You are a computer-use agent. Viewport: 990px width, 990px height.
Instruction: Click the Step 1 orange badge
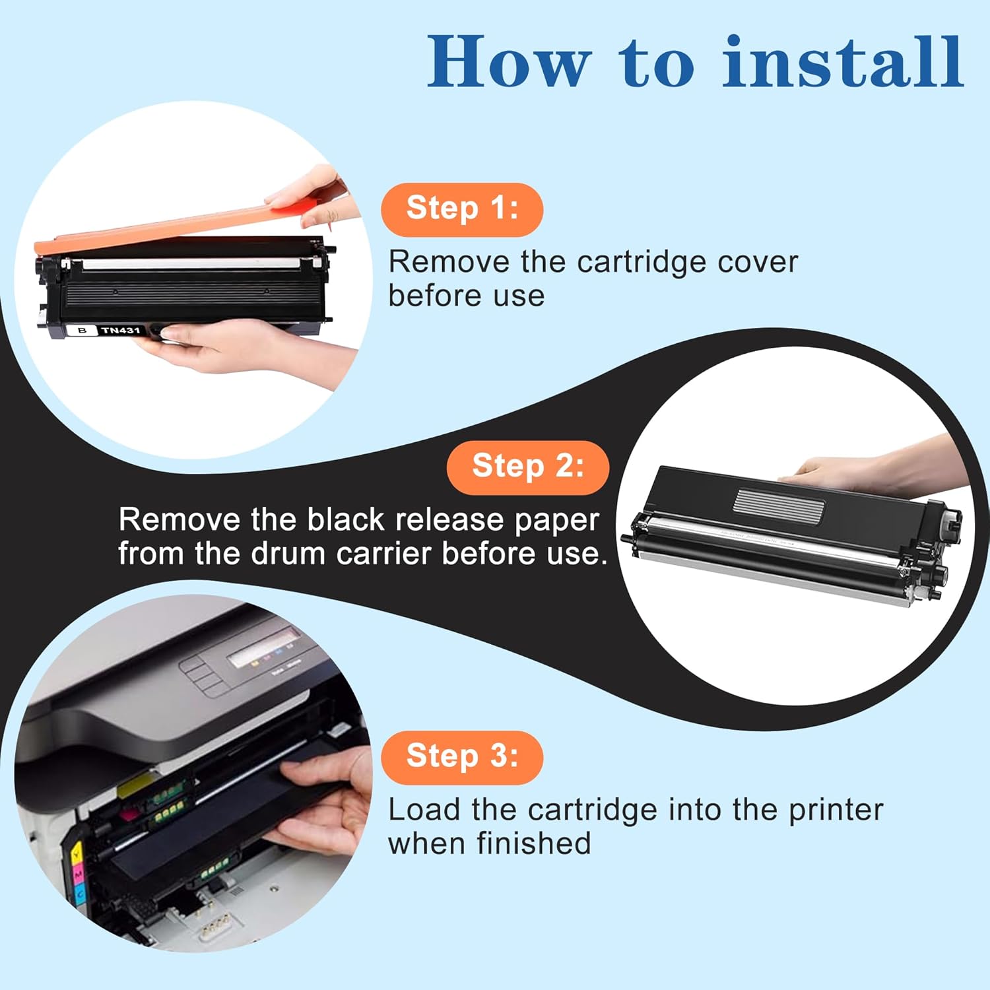(461, 209)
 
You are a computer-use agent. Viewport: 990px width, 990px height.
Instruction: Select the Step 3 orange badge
(461, 757)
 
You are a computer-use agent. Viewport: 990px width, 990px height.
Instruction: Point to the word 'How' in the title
(508, 62)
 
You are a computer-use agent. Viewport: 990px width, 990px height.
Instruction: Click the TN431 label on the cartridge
(121, 330)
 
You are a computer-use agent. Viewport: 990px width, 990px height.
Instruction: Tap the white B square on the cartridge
(82, 330)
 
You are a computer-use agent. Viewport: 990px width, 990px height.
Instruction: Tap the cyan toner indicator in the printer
(80, 895)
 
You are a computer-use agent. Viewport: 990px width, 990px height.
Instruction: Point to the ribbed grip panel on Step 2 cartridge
(779, 505)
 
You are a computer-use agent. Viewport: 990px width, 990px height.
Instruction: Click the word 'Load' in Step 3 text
(423, 810)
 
